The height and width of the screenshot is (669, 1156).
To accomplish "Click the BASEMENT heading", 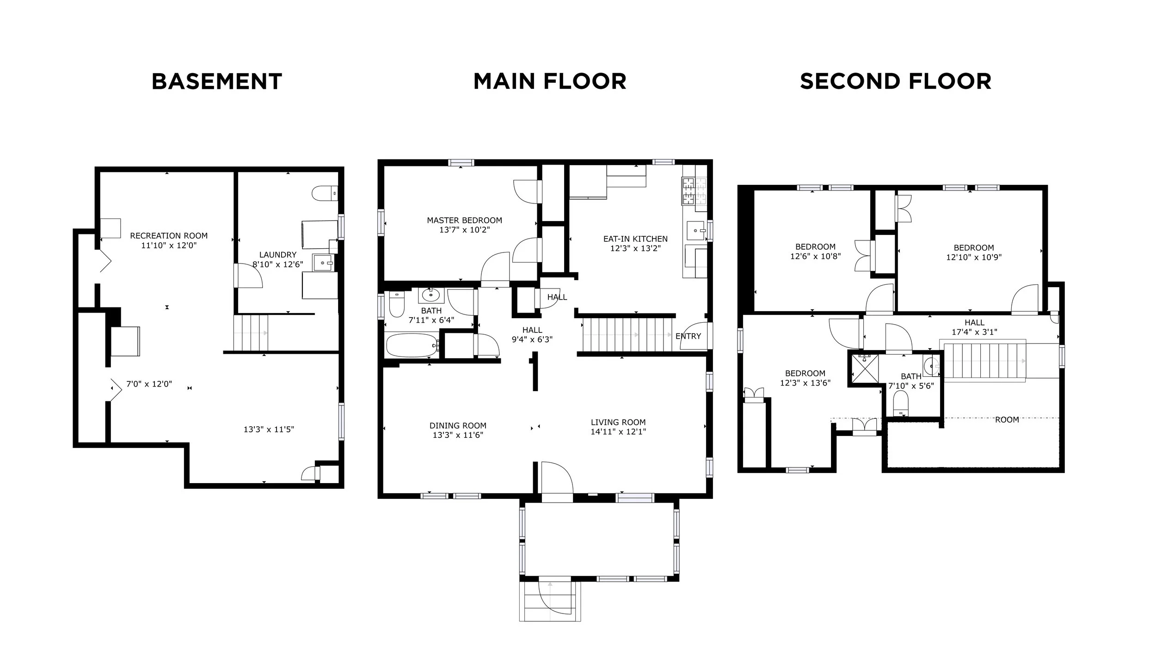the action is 217,81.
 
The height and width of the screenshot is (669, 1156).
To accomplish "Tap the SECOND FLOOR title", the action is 896,81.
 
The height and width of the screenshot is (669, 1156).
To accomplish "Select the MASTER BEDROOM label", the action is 464,220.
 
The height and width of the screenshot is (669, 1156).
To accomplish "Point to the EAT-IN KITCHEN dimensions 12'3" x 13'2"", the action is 635,248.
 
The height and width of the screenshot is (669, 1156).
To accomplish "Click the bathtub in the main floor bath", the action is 412,345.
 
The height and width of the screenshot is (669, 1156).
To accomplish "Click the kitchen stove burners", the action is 689,191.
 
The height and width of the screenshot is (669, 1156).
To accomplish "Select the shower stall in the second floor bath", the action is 864,368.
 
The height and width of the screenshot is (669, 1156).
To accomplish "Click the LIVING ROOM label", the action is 618,422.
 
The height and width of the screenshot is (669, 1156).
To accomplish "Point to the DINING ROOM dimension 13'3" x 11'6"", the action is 458,435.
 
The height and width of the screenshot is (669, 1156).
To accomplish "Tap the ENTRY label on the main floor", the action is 688,336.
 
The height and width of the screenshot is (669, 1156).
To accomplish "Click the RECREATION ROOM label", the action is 169,236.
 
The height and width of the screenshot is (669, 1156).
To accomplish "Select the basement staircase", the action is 251,333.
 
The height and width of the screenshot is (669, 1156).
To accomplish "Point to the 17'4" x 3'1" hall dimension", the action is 974,332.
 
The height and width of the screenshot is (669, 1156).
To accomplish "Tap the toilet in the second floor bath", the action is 901,403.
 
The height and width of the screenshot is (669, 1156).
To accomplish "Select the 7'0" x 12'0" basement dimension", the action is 149,384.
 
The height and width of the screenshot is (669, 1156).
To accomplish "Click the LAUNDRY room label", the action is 277,255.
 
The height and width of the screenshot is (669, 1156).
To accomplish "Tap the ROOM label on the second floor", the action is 1007,420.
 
